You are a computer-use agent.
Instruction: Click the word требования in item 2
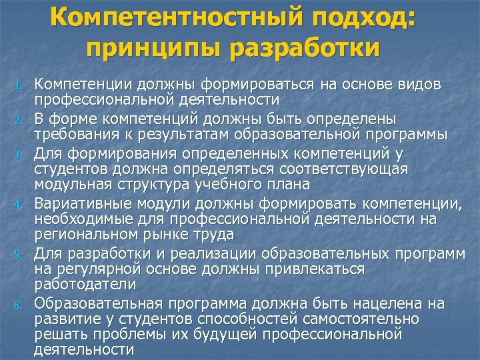[75, 135]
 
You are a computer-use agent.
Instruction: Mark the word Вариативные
[79, 203]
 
